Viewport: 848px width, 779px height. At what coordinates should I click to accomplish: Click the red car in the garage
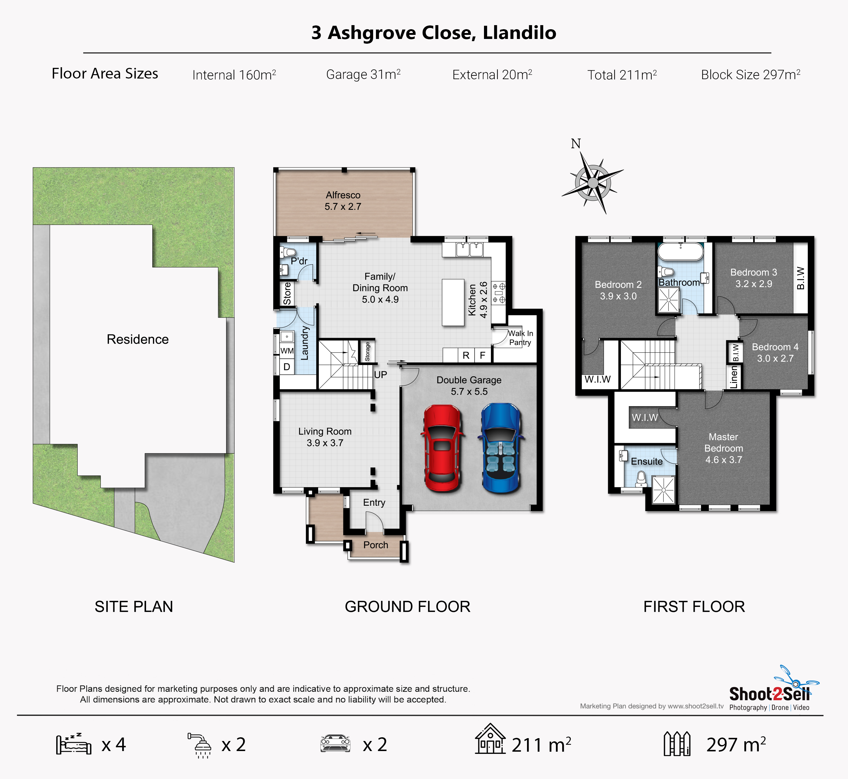(x=442, y=449)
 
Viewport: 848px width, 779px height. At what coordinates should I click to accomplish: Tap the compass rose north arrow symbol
(x=593, y=182)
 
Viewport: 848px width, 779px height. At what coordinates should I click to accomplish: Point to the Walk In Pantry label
(x=520, y=338)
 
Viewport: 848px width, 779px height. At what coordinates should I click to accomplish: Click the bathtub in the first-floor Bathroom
(x=681, y=251)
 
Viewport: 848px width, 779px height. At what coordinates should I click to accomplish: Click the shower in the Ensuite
(x=663, y=489)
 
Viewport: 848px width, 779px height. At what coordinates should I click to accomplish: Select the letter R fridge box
(x=466, y=355)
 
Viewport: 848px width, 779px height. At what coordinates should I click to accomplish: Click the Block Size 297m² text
(x=751, y=75)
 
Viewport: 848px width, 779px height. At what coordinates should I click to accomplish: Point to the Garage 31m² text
(x=363, y=75)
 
